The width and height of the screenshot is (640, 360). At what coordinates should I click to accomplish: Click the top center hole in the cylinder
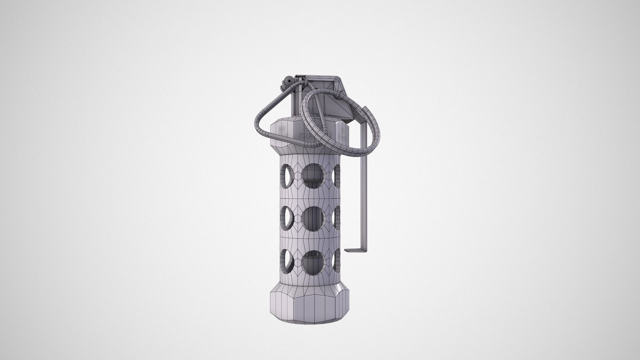313,176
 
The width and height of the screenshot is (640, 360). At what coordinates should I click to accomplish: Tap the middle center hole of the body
313,219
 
